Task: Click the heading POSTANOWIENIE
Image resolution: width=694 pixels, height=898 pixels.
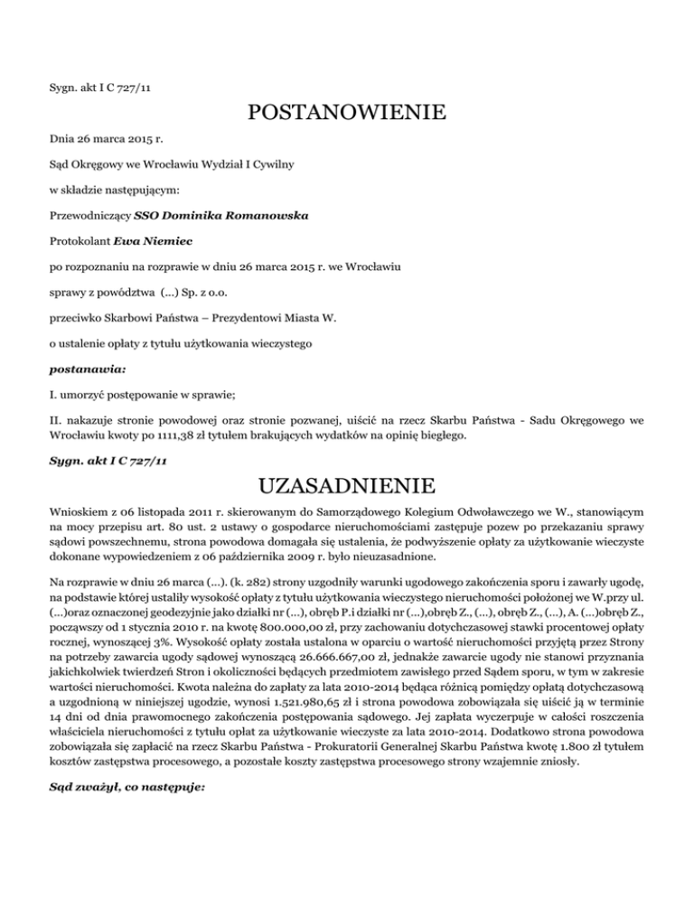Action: pos(346,114)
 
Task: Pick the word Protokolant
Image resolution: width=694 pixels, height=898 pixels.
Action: pos(80,243)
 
